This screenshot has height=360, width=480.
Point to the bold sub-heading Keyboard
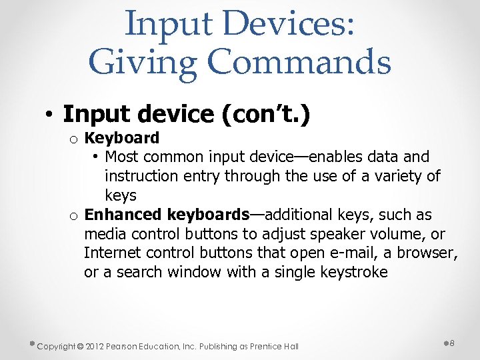coord(123,138)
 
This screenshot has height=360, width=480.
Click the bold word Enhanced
coord(123,215)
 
